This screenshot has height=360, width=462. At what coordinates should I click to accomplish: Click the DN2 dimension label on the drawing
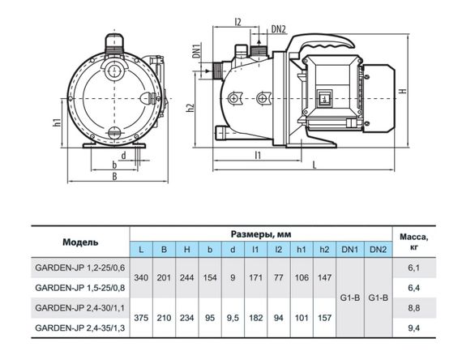[278, 29]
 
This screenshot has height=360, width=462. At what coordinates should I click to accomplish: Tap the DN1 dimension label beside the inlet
[196, 50]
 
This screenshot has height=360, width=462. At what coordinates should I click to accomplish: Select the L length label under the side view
[314, 165]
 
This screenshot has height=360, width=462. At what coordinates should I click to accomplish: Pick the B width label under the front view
[114, 176]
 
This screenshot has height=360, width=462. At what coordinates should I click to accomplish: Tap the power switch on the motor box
[324, 98]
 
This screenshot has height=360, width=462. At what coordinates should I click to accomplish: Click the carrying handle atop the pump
[321, 45]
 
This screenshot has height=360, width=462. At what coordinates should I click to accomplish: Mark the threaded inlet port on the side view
[217, 71]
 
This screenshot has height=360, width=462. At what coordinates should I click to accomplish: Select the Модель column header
[80, 242]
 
